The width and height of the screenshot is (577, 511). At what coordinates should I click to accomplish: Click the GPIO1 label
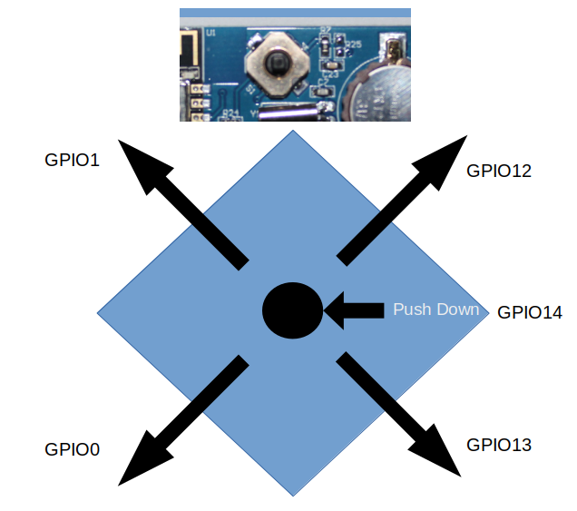coord(72,160)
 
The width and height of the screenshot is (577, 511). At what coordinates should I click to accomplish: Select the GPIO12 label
coord(498,170)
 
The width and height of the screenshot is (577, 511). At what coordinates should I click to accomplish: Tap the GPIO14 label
coord(530,312)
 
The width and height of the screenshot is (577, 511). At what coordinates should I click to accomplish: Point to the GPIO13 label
coord(498,445)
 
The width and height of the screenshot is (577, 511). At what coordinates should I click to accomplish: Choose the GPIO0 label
coord(72,449)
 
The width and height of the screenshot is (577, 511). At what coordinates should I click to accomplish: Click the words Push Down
coord(435,310)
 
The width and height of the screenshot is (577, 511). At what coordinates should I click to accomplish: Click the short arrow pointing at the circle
coord(354,310)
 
